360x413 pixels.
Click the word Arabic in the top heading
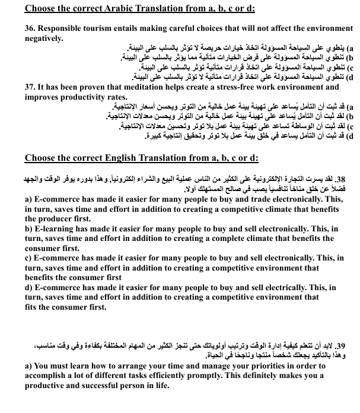point(122,8)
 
